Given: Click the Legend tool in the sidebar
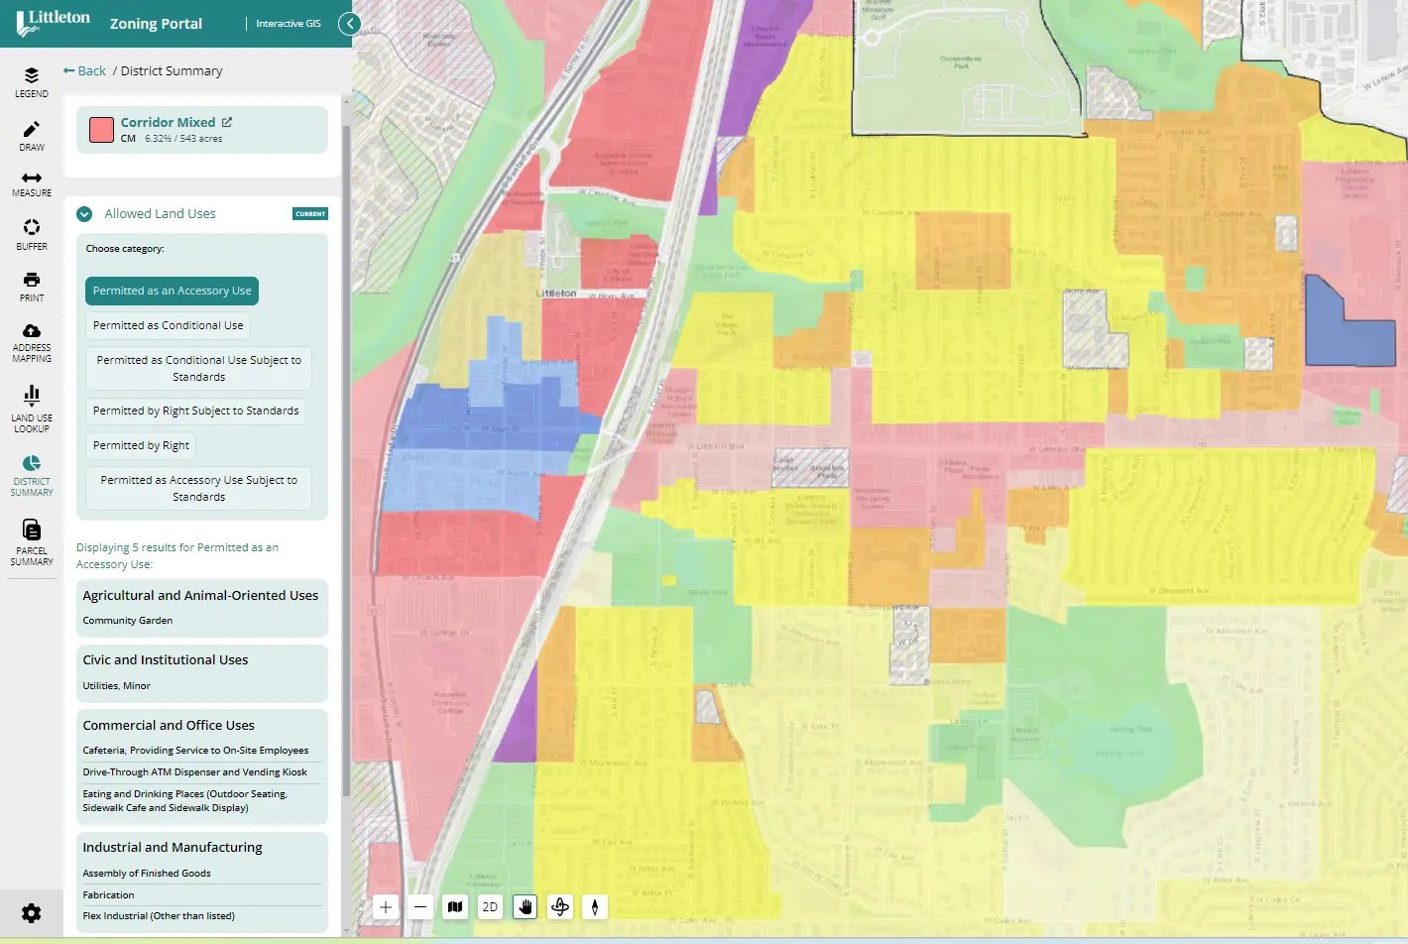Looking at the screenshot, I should pos(32,81).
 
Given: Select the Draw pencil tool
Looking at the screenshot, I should pos(32,135).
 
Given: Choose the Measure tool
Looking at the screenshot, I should pos(32,183).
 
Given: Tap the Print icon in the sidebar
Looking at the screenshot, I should pos(32,286).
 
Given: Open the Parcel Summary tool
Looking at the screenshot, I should pos(32,540).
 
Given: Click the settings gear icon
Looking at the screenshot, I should pos(32,913).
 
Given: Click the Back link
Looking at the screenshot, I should pos(84,71).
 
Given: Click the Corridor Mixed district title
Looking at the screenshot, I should pos(168,123).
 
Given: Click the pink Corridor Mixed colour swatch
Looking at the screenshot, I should pos(101,130).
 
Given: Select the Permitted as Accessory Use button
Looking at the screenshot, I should pos(172,292).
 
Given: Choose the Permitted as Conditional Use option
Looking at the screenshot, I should pos(168,326).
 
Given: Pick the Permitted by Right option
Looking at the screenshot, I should pos(141,446).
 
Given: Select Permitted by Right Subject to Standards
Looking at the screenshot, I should pos(195,412).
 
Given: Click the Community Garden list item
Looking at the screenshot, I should pos(128,621).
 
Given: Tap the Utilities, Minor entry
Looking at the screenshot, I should pos(117,686).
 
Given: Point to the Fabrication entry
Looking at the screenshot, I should pos(108,895).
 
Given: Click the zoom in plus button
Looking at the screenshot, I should pos(386,907).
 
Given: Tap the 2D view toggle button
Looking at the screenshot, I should pos(490,907).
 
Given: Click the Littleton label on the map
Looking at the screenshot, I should pos(556,294).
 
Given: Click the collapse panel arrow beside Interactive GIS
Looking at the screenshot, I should pos(349,24).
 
